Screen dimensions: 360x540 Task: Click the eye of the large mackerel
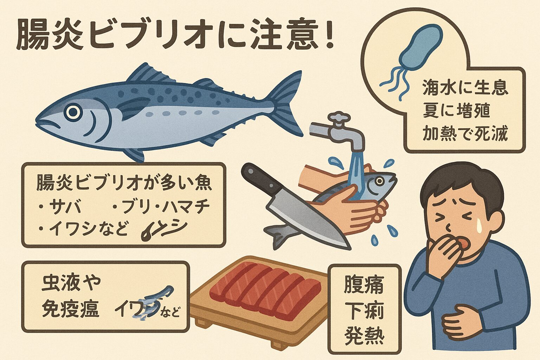click(73, 112)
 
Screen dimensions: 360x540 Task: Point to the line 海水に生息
click(465, 88)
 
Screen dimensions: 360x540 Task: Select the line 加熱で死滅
click(465, 134)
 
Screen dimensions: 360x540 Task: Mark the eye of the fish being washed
click(379, 181)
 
